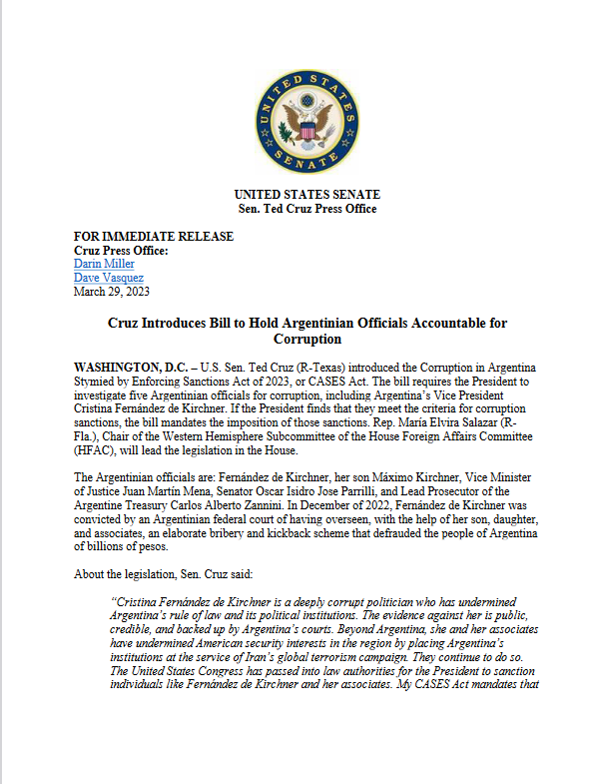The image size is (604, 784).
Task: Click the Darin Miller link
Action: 105,264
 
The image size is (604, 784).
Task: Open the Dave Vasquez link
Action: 108,278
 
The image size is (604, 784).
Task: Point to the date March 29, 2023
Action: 112,292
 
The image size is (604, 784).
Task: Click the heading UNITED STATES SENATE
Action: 306,194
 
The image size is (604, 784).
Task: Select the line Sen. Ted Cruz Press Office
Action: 306,208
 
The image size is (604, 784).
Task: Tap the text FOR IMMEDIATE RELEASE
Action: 154,237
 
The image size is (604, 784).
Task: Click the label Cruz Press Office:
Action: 122,250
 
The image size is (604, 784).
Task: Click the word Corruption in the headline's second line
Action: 306,340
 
